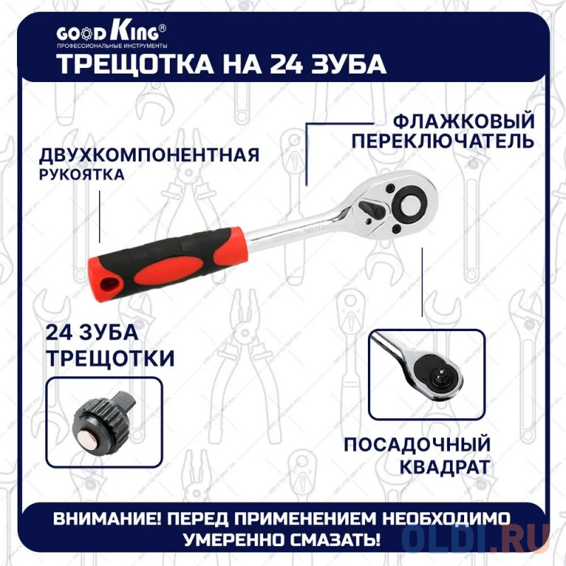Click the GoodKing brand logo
[x=112, y=35]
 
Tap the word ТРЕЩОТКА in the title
[x=136, y=64]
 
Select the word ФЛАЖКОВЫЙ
[x=463, y=120]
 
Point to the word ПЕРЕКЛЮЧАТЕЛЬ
[x=443, y=141]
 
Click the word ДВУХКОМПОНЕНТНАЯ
[x=149, y=155]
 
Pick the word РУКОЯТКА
[x=81, y=175]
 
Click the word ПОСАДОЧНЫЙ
[x=417, y=444]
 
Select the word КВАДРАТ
[x=445, y=467]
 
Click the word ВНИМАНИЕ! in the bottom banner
[x=108, y=519]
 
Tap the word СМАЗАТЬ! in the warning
[x=335, y=540]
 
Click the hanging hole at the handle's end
[x=109, y=284]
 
